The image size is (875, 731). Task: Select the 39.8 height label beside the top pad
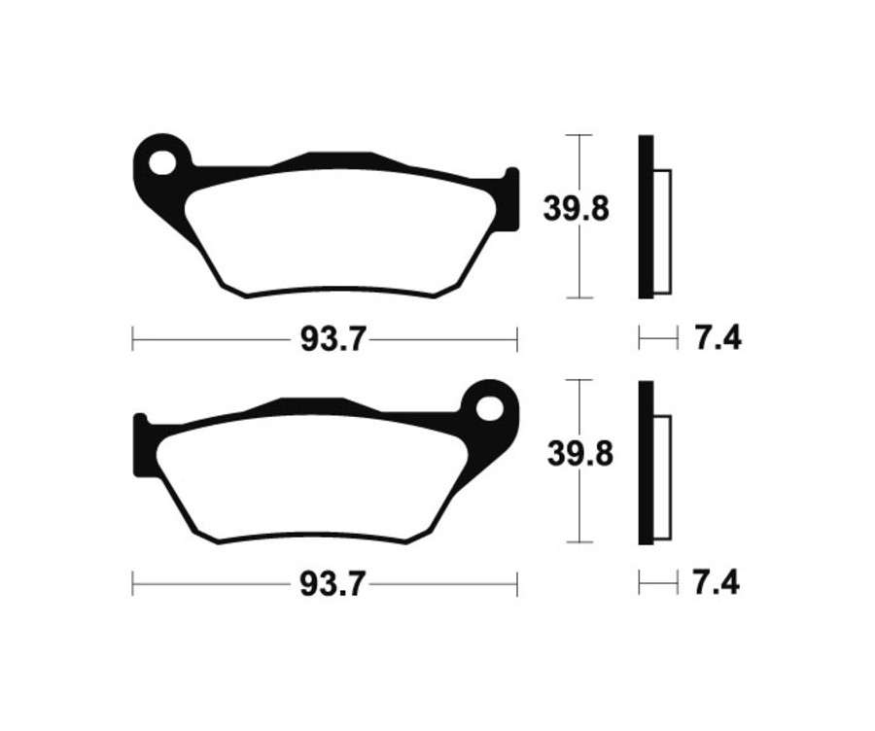(x=576, y=208)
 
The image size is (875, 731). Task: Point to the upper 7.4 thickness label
(x=717, y=339)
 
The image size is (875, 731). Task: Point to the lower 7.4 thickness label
(x=717, y=584)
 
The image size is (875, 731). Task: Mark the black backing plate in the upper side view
(x=646, y=216)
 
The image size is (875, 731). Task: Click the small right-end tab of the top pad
(x=509, y=199)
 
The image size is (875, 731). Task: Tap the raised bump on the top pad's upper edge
(x=338, y=157)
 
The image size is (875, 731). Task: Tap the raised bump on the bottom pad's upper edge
(x=311, y=402)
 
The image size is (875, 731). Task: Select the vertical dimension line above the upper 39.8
(x=579, y=160)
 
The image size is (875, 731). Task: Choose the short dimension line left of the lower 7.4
(x=657, y=583)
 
